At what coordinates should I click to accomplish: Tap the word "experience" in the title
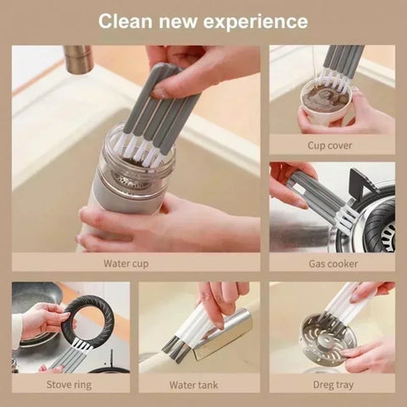click(258, 20)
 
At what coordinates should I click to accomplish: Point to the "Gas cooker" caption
click(332, 264)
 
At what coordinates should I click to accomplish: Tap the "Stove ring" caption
click(70, 384)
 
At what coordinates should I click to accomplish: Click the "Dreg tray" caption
click(332, 384)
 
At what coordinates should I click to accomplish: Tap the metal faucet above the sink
click(77, 59)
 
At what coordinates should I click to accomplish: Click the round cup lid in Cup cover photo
click(326, 95)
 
